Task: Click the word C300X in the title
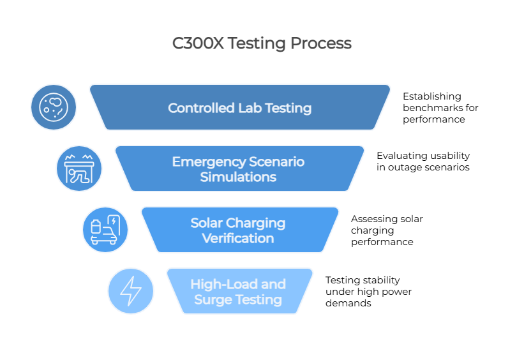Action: [198, 43]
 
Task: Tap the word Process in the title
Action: [321, 43]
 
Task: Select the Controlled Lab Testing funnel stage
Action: [240, 107]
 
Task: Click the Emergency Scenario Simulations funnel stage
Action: [239, 169]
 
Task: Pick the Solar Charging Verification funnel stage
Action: [240, 230]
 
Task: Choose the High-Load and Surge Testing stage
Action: [239, 291]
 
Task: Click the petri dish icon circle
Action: [54, 107]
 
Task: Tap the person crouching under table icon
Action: [79, 169]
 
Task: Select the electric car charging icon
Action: [105, 230]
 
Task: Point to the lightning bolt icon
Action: [131, 291]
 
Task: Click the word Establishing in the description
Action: [431, 96]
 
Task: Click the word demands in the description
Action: [348, 303]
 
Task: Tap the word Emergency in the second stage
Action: [209, 162]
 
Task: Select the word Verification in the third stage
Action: [238, 238]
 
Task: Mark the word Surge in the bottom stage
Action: [212, 300]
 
